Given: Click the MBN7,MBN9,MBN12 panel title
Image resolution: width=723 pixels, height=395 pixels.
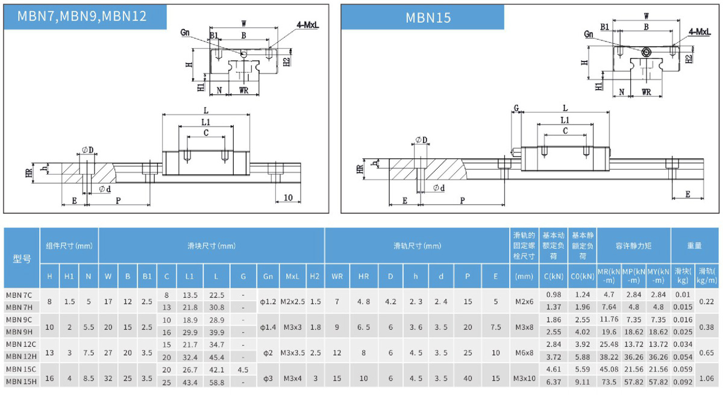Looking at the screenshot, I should (83, 16).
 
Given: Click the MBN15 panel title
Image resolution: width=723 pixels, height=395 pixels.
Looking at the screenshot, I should (428, 17).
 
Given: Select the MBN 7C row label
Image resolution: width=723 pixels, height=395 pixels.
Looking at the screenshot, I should (19, 295).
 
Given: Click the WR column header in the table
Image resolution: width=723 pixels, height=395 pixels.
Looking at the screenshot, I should (337, 276).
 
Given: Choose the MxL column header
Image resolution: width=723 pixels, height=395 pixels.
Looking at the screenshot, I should (292, 276).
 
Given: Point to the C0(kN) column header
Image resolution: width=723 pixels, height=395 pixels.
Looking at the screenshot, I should (582, 276).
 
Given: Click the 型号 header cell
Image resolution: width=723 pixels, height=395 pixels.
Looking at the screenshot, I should (22, 258).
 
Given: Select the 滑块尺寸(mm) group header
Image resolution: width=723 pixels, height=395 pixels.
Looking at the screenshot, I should (211, 246).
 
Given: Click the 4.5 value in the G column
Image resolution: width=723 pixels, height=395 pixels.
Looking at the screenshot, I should (243, 369).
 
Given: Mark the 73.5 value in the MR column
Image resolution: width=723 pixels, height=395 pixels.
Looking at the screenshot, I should (609, 382).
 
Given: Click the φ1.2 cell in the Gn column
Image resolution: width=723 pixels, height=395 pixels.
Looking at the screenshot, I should (267, 301).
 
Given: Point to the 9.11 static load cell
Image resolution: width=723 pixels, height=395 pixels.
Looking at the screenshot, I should (582, 382).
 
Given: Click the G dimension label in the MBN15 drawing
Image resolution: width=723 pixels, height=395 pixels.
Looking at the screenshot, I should (516, 108).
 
